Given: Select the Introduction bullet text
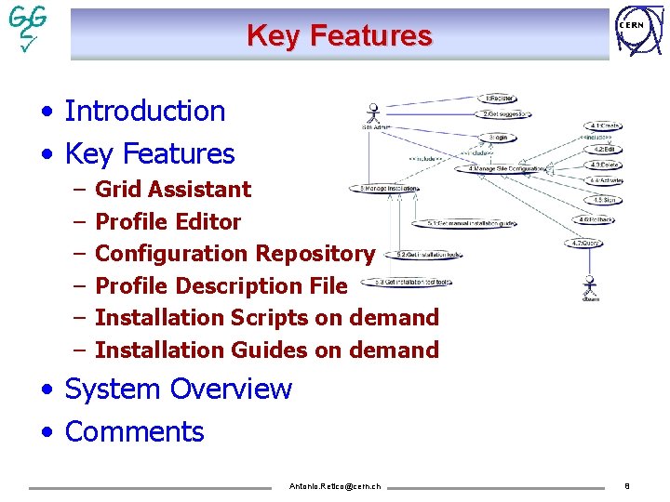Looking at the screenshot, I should coord(145,111).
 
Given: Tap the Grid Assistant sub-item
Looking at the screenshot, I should coord(173,190).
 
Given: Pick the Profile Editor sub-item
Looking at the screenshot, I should coord(168,222).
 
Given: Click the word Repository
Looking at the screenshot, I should coord(315,254).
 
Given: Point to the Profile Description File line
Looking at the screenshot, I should coord(221,285).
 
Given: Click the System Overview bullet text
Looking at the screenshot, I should coord(179,389).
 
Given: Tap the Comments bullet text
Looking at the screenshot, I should coord(135,431).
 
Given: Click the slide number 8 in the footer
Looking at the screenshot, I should coord(627,485).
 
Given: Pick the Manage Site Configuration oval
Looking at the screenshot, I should coord(506,168).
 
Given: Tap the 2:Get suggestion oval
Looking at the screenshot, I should coord(505,114).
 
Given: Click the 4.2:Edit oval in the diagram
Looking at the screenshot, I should coord(604,148).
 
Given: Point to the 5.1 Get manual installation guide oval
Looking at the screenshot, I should coord(471,223).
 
